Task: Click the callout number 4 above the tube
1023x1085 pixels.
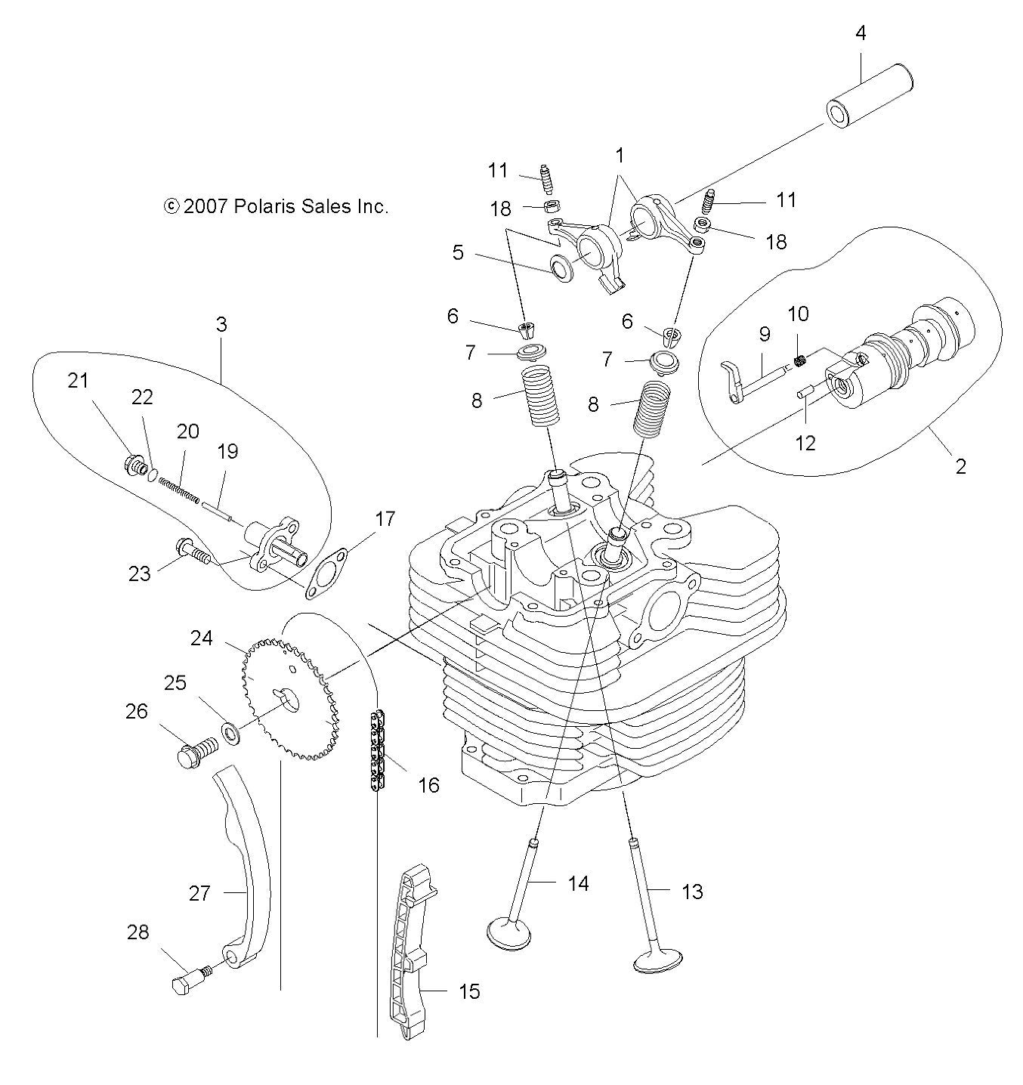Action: (861, 33)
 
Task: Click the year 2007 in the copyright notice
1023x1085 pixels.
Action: (205, 206)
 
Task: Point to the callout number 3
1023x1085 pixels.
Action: (221, 325)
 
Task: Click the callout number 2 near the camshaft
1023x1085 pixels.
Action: (960, 466)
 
